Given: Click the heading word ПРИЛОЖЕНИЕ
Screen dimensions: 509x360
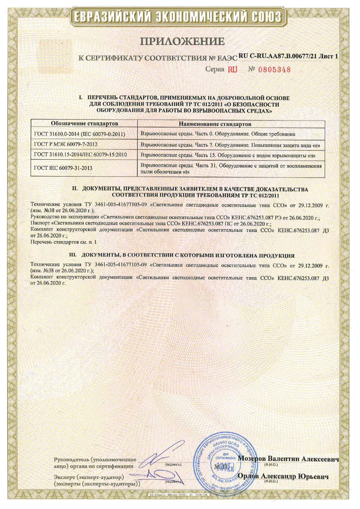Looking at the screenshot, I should click(x=182, y=41).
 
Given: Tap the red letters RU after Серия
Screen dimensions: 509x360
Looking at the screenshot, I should click(x=233, y=69).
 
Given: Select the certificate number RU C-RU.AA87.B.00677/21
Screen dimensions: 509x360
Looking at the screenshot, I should click(x=279, y=56).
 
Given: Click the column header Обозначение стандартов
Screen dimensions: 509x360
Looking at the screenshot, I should click(x=84, y=124).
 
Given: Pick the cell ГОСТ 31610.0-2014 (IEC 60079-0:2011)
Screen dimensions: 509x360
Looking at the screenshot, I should click(x=80, y=134).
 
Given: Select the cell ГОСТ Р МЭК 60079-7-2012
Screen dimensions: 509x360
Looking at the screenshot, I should click(x=66, y=144).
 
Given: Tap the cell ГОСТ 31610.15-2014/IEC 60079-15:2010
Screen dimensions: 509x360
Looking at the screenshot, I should click(x=80, y=154).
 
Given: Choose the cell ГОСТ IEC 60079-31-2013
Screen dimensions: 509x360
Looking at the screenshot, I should click(x=63, y=168).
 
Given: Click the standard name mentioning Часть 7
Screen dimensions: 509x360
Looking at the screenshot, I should click(x=230, y=144).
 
